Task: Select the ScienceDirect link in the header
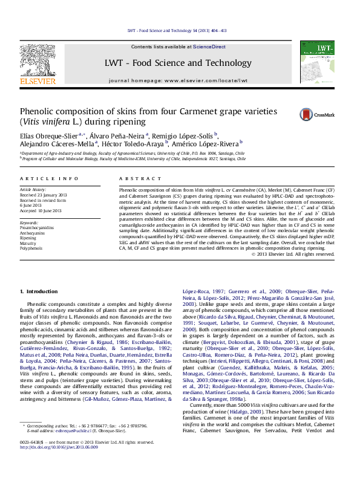(209, 47)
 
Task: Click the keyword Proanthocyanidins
(37, 228)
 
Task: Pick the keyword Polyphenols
(31, 248)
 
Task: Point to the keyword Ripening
(29, 238)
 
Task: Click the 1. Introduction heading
(39, 292)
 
